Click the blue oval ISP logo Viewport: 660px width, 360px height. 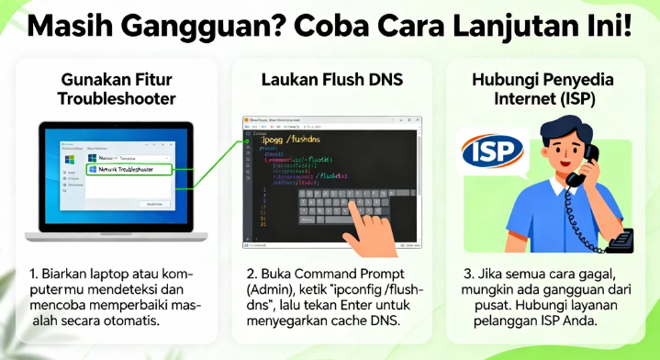pyautogui.click(x=491, y=152)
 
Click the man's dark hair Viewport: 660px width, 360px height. pyautogui.click(x=555, y=128)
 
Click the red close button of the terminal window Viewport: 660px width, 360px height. pyautogui.click(x=417, y=120)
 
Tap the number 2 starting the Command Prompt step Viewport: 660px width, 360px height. pyautogui.click(x=251, y=274)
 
